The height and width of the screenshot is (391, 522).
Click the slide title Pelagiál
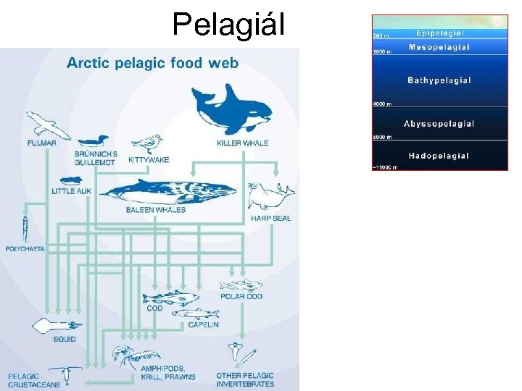(x=228, y=25)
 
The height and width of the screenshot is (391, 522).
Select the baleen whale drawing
(x=170, y=192)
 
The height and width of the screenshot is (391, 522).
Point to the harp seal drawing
(x=270, y=195)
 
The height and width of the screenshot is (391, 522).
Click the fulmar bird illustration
(x=48, y=124)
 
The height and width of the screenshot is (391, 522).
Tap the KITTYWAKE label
(x=148, y=159)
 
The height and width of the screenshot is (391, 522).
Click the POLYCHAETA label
(x=25, y=248)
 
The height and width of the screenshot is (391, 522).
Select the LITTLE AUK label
(x=70, y=192)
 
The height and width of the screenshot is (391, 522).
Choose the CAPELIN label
(x=203, y=324)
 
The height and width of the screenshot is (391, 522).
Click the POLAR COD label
(x=241, y=296)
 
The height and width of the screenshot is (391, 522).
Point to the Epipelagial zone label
(x=440, y=33)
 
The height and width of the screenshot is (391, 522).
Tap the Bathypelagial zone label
(x=439, y=80)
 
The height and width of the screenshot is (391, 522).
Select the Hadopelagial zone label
(x=439, y=156)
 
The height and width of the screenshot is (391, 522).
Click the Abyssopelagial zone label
(x=439, y=124)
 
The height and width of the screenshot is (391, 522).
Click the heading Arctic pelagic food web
(x=152, y=62)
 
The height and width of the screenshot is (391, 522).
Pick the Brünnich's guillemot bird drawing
(x=93, y=141)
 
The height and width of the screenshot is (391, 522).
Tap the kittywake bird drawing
(x=148, y=143)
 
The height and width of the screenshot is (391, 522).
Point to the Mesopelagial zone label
(x=439, y=48)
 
